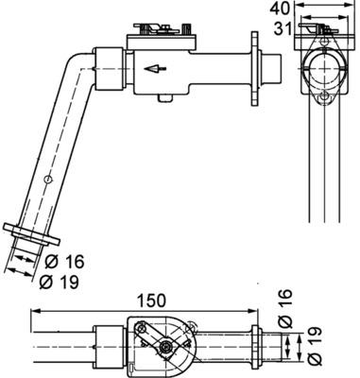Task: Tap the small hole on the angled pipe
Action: pos(47,180)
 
